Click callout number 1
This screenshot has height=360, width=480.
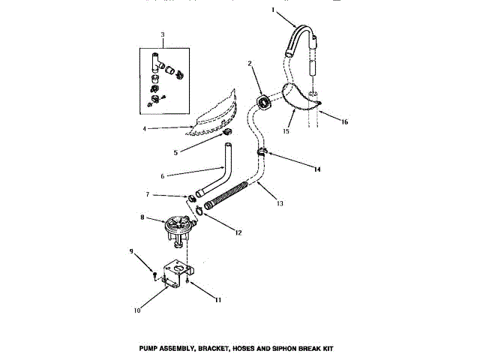point(274,11)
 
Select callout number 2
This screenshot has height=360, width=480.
point(250,64)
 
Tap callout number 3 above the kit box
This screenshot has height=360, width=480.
point(162,35)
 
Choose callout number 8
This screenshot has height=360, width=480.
point(140,219)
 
